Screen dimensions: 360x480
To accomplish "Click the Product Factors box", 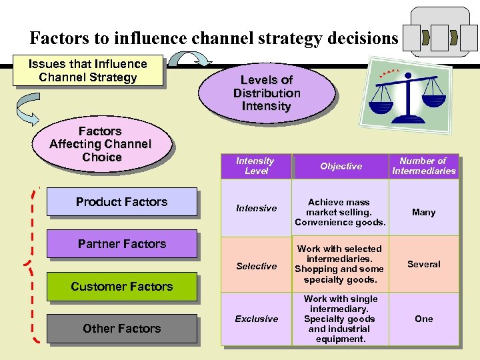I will click(121, 202).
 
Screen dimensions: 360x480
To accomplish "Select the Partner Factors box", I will click(121, 244).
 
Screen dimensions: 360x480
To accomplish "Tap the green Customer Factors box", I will click(121, 287).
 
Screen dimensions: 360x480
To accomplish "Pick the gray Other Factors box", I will click(121, 329).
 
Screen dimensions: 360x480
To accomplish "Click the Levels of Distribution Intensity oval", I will click(267, 93).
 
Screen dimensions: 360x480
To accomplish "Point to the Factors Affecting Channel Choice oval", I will click(101, 144).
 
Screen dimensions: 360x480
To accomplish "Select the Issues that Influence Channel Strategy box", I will click(88, 71).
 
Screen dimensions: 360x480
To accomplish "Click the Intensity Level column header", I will click(255, 166).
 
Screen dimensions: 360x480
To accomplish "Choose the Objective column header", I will click(341, 166).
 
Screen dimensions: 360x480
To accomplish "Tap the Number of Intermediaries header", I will click(423, 166).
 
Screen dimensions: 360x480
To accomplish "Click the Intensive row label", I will click(256, 209).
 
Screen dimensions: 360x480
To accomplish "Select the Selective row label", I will click(256, 266).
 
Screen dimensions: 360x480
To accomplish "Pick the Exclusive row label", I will click(256, 319).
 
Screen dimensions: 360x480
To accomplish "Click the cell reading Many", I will click(423, 212).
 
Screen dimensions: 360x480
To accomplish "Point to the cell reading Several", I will click(423, 264).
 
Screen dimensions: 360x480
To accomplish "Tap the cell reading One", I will click(423, 319).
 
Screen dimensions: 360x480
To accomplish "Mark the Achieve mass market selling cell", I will click(340, 212).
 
